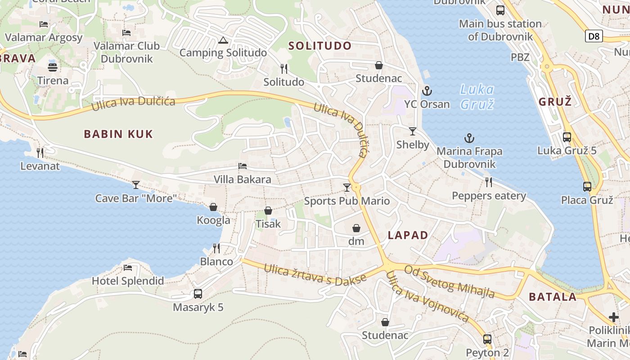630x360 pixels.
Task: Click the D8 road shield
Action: pos(594,36)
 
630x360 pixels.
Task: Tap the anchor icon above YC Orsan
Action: pos(427,91)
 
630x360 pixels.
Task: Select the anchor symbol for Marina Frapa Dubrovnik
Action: pos(469,138)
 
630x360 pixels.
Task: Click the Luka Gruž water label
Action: pos(477,97)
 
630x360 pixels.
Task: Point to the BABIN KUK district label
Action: pos(118,134)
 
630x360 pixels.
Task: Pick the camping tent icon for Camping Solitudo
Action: pos(223,40)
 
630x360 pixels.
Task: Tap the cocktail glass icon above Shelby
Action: pos(413,131)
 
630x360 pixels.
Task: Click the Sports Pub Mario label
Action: pos(346,201)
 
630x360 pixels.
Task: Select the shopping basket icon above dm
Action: pos(356,228)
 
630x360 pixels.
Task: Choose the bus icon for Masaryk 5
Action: pos(198,294)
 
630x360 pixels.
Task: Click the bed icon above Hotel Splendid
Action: pos(128,268)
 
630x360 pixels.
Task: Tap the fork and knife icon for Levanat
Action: pos(40,153)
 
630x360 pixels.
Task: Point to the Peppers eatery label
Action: pos(489,196)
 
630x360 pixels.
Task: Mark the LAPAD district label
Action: pos(408,235)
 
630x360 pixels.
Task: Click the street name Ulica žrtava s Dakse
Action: pos(315,274)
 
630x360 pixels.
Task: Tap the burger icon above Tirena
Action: pos(53,67)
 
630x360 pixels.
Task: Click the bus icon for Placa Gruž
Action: pos(587,187)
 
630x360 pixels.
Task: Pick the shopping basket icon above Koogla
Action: pos(213,207)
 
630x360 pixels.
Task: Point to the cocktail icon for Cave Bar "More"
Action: pos(135,184)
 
